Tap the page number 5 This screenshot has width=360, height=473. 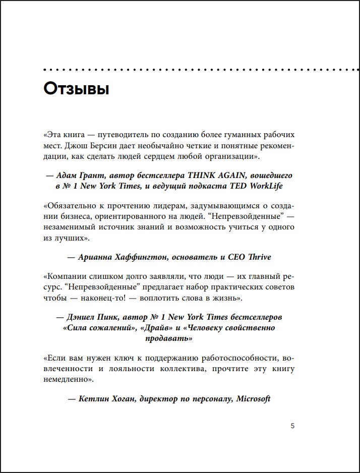coord(293,426)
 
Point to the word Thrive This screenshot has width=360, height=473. coord(260,257)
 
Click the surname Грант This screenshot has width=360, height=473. coord(96,175)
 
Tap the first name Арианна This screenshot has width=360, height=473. coord(97,257)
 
